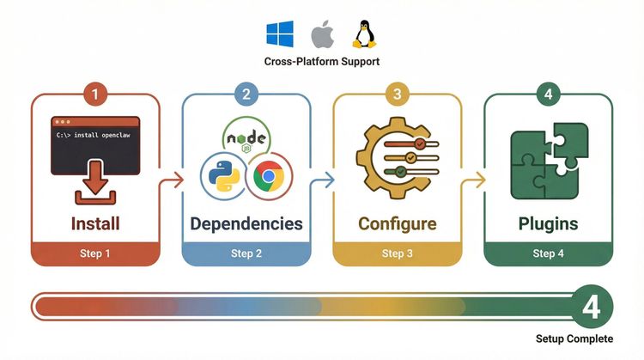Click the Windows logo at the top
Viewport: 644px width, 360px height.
280,35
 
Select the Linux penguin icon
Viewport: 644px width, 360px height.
363,34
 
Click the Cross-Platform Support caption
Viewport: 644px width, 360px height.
321,63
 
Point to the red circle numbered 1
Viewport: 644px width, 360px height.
94,93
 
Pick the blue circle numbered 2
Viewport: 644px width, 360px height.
246,93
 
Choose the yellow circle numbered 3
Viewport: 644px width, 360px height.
397,93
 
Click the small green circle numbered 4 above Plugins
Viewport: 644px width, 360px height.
548,93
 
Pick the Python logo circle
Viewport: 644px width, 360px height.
222,175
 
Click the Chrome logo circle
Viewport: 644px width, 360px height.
269,175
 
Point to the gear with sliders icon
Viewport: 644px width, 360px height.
397,160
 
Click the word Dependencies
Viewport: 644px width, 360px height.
246,224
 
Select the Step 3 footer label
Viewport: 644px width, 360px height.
397,253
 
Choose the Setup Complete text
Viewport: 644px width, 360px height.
575,339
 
